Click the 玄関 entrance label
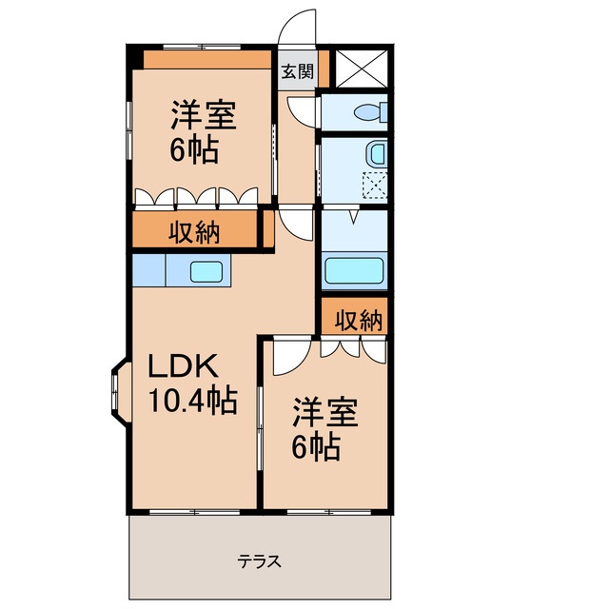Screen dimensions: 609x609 (297, 70)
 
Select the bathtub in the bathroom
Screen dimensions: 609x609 (354, 269)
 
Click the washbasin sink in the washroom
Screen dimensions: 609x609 (378, 153)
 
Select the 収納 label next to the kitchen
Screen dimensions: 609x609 (195, 230)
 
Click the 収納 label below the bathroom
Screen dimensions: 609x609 (359, 321)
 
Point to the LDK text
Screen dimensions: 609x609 (183, 365)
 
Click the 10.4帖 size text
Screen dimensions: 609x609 (192, 402)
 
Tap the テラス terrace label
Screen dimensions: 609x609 (260, 560)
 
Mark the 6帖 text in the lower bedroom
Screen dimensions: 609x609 (316, 447)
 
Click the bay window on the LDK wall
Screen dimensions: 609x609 (118, 388)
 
